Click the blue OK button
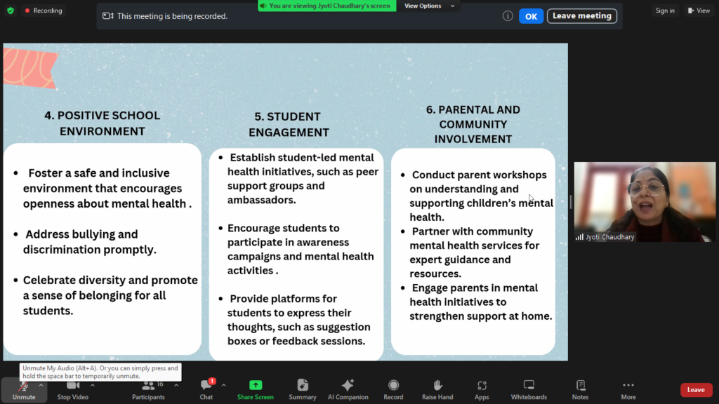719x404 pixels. [531, 16]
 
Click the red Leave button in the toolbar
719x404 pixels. [696, 390]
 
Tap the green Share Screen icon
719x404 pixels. [256, 385]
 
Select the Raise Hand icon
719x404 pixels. [437, 385]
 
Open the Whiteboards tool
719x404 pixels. [529, 385]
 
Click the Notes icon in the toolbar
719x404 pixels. [581, 385]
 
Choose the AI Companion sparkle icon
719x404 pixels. [348, 385]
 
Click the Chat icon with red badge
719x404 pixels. [206, 385]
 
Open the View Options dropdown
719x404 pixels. [429, 6]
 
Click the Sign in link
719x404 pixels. [665, 11]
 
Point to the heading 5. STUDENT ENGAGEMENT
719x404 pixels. [289, 124]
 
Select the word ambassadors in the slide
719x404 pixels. [260, 200]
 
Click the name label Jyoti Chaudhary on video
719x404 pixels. [610, 237]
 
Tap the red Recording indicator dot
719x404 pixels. [27, 11]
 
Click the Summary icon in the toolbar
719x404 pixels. [303, 385]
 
